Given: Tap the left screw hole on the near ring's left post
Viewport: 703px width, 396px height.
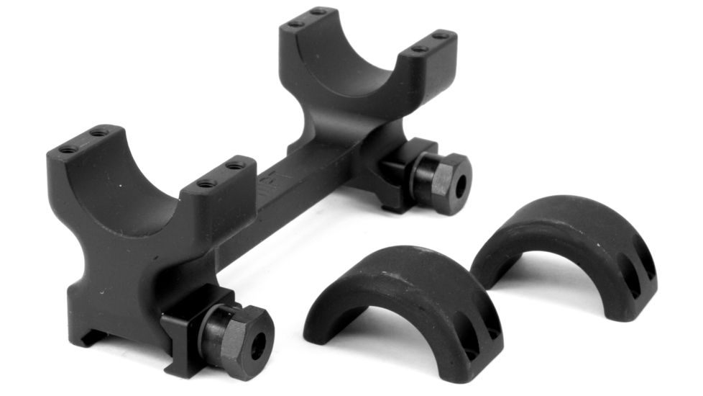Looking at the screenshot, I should (69, 149).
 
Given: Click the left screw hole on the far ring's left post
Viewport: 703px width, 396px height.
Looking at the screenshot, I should (296, 24).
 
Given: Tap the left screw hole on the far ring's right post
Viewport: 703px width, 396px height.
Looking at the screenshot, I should (419, 49).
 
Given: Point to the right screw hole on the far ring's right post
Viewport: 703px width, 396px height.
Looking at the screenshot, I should (441, 35).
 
